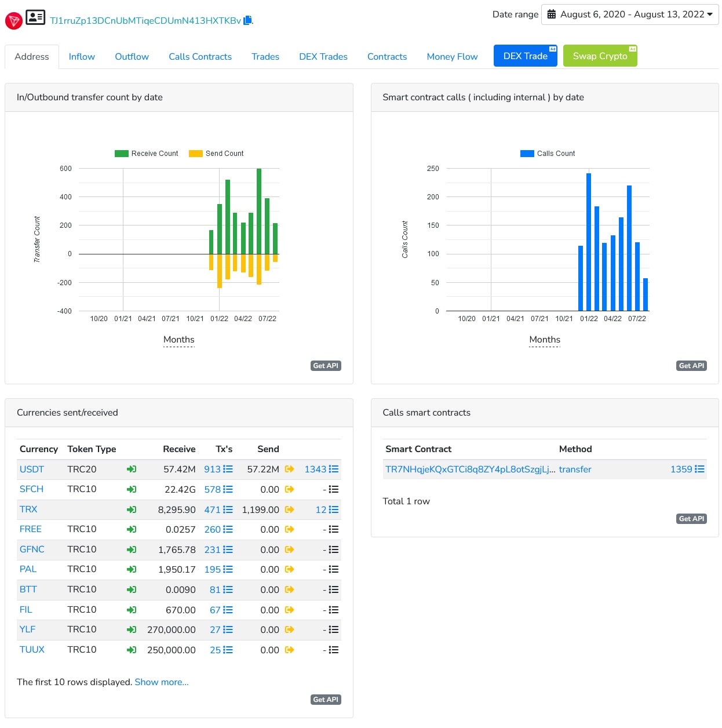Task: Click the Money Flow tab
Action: pos(452,57)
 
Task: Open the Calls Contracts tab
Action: pos(200,57)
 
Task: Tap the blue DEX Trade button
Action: pos(525,56)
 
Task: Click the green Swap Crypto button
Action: pos(600,56)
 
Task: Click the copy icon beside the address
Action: pos(247,20)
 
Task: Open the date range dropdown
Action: pos(629,14)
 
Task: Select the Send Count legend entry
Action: pos(216,154)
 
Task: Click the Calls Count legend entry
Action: pos(547,154)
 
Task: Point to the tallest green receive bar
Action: pos(259,211)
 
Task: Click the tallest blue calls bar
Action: pos(588,242)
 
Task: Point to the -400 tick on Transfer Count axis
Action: pos(64,311)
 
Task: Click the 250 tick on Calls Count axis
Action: pos(433,169)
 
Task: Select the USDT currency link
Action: pos(32,469)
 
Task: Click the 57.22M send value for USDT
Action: pos(263,469)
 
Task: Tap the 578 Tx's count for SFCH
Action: pos(212,490)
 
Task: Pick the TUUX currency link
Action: pos(32,650)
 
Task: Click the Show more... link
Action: pos(162,682)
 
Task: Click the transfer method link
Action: pos(575,469)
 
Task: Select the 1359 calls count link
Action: pos(681,469)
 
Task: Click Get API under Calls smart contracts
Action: pos(691,519)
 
